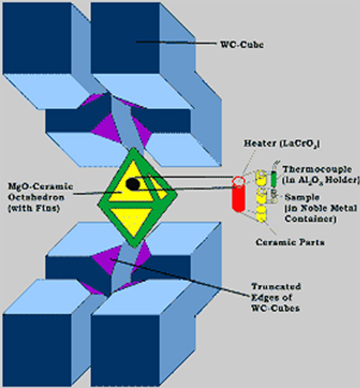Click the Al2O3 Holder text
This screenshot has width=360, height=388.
tap(327, 180)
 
